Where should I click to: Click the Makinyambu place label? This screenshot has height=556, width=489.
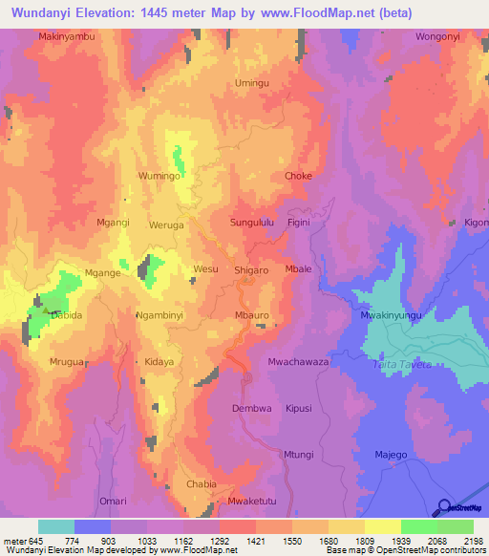pos(67,36)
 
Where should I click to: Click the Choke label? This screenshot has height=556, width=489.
pos(298,177)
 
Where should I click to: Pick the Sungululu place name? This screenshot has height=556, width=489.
pos(252,223)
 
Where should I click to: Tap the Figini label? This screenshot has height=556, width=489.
pos(300,223)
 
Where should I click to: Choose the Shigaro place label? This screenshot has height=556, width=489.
pos(251,270)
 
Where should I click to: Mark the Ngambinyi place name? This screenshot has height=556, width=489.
pos(159,314)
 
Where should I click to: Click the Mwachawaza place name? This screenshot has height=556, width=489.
pos(298,362)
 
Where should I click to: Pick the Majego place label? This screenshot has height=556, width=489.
pos(391,454)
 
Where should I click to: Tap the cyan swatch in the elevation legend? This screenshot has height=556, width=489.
pos(56,526)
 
